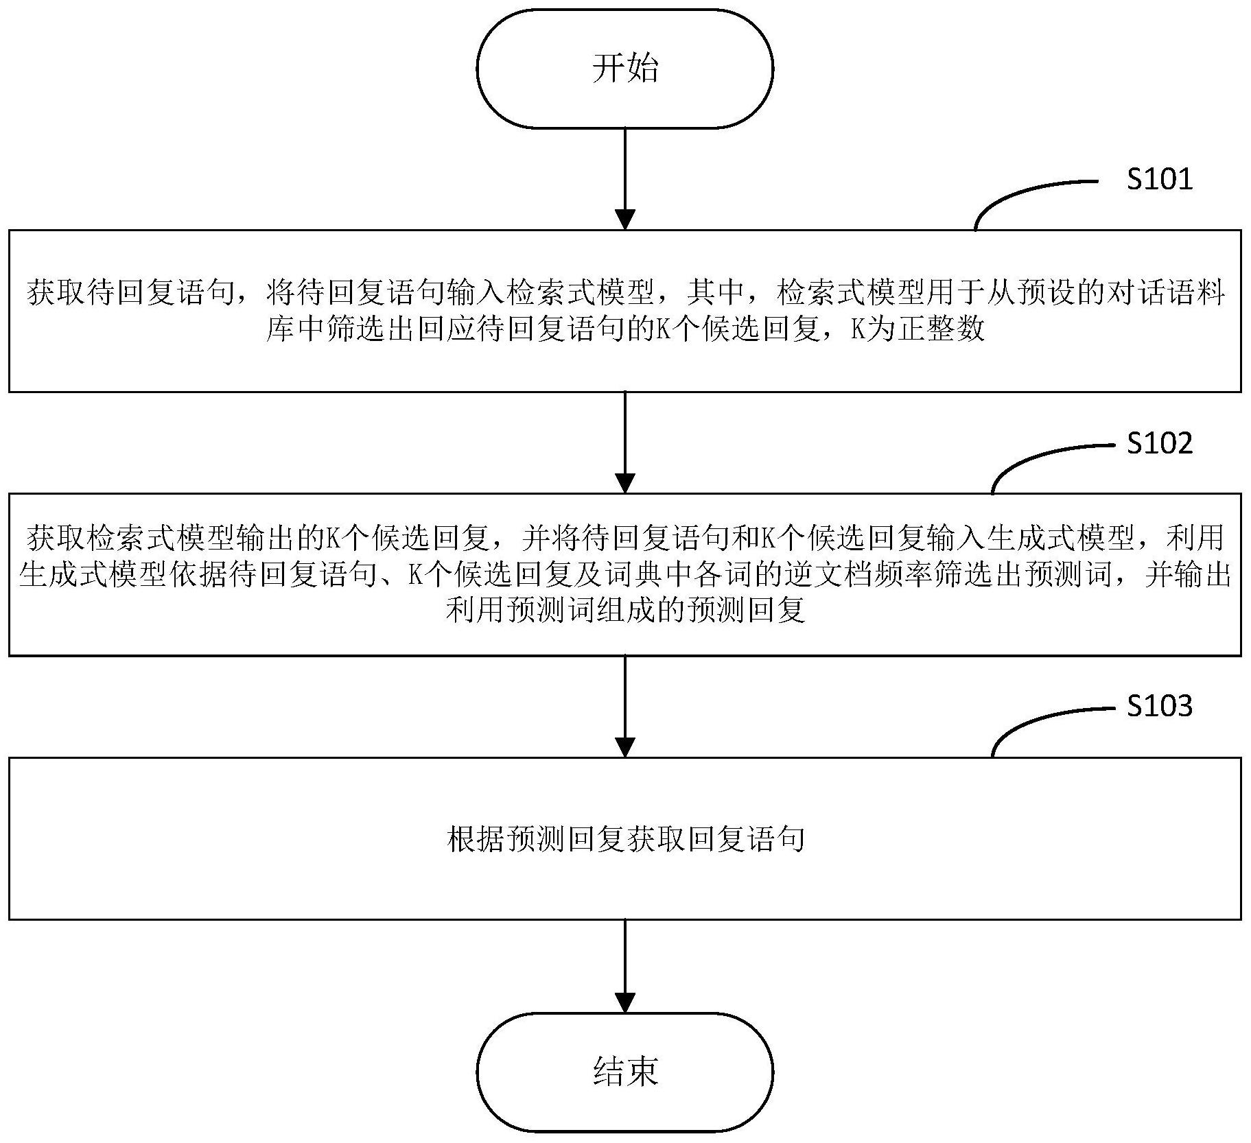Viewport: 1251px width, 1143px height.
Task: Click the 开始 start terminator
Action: [624, 69]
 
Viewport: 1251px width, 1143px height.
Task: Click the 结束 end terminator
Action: [624, 1072]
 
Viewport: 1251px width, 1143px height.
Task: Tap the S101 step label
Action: [1160, 179]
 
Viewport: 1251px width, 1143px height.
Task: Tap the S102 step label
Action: [1160, 443]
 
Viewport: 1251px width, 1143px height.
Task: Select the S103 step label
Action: [1160, 705]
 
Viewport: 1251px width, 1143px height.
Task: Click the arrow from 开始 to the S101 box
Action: [624, 178]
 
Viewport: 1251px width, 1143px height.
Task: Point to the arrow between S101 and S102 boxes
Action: [624, 443]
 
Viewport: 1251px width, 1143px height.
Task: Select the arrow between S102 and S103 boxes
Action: [624, 707]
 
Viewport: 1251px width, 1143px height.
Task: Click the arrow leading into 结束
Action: [624, 966]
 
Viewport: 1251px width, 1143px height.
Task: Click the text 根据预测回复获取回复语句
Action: [624, 839]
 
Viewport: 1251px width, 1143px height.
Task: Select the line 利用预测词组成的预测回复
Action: [624, 609]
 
